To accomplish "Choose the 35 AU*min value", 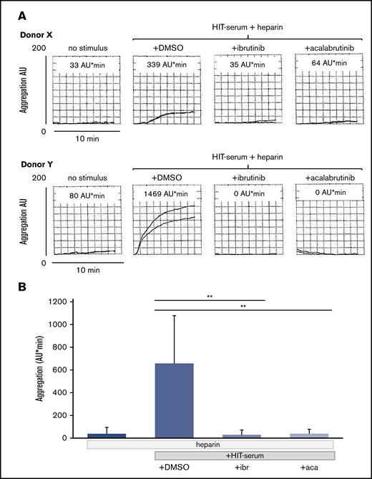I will pyautogui.click(x=248, y=63).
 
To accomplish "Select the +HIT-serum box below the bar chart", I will pyautogui.click(x=245, y=455).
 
